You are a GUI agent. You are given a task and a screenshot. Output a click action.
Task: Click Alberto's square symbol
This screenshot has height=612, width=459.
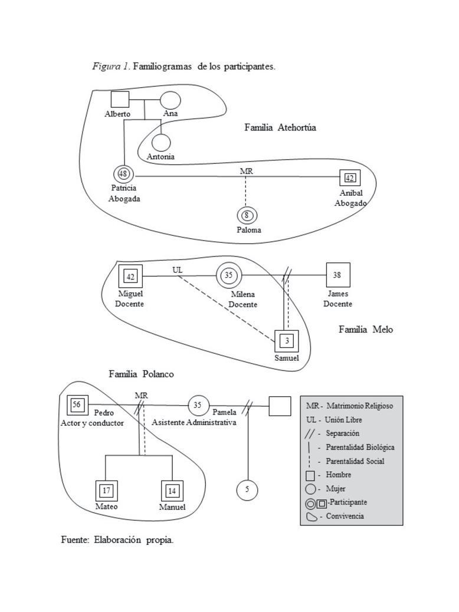[x=120, y=100]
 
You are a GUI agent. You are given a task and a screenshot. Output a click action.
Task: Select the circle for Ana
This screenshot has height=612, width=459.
[x=171, y=101]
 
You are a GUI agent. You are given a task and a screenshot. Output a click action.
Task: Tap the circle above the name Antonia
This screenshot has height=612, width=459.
[x=160, y=143]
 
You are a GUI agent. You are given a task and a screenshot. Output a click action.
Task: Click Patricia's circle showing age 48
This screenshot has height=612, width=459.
[x=123, y=174]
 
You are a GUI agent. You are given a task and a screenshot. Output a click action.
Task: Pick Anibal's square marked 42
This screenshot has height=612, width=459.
[x=350, y=177]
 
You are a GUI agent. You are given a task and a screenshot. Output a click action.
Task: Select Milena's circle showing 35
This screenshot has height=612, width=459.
[x=229, y=275]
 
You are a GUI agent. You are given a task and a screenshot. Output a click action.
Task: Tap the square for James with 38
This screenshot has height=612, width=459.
[x=337, y=275]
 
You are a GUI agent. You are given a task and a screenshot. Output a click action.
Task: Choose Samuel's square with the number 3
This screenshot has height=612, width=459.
[x=287, y=341]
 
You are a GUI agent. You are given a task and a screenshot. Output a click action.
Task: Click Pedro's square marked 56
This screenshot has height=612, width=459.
[x=77, y=404]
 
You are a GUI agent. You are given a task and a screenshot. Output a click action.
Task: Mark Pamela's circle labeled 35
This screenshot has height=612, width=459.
[x=198, y=405]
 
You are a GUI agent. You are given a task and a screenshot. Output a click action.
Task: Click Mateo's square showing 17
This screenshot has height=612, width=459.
[x=106, y=491]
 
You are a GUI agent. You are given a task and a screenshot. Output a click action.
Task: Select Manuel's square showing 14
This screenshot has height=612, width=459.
[x=172, y=491]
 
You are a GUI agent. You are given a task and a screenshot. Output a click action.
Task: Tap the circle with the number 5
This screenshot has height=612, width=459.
[x=247, y=489]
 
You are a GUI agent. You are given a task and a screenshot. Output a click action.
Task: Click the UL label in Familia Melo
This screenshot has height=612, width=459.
[x=178, y=269]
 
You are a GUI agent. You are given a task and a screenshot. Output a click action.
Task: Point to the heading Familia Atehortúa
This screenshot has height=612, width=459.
[x=280, y=127]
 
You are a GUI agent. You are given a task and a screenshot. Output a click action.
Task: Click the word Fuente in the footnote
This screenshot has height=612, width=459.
[x=74, y=539]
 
